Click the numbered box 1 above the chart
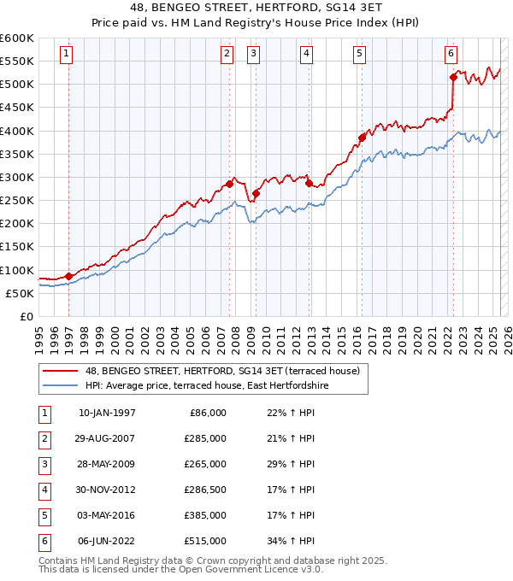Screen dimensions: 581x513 click(x=67, y=54)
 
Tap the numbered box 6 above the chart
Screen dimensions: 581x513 click(x=450, y=54)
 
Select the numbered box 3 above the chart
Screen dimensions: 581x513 click(x=254, y=54)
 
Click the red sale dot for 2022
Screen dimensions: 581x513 click(x=453, y=77)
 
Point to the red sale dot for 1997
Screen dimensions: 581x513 click(x=68, y=276)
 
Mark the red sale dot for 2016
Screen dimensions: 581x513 click(x=362, y=138)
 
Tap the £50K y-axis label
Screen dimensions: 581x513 click(x=20, y=293)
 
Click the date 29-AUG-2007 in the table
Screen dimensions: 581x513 click(x=107, y=438)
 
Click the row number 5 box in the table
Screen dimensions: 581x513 click(x=44, y=515)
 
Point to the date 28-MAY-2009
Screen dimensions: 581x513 click(x=107, y=464)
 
